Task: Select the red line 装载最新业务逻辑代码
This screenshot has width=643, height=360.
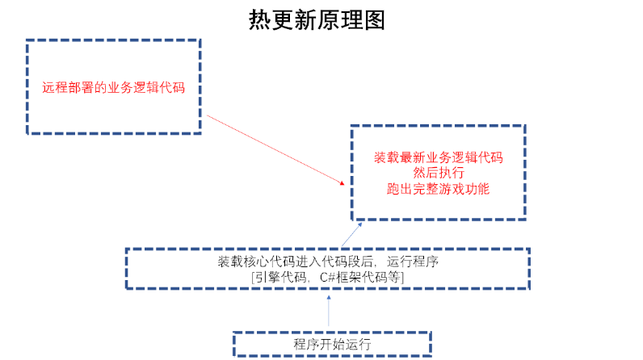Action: point(438,157)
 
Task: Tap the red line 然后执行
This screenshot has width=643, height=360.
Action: point(438,174)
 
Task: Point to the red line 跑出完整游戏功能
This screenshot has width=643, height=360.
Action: point(438,190)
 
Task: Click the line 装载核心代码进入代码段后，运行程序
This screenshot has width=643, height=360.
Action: point(327,262)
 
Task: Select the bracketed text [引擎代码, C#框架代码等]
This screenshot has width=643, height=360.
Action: point(327,278)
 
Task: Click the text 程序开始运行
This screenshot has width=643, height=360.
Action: point(332,344)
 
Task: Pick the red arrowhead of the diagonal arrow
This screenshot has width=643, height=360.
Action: point(343,183)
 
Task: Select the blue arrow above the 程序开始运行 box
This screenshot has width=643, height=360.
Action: point(329,311)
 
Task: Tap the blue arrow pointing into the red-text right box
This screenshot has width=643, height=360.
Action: point(346,234)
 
